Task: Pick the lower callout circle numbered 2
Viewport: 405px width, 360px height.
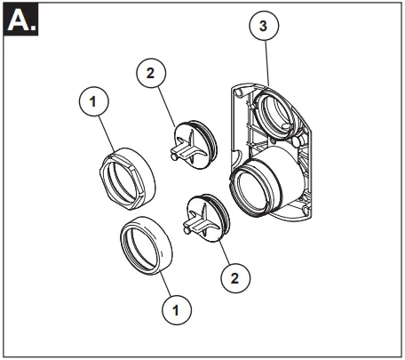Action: (x=234, y=278)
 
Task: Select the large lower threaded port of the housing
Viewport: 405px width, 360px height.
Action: (x=258, y=188)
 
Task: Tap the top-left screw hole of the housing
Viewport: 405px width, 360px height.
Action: (x=238, y=92)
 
